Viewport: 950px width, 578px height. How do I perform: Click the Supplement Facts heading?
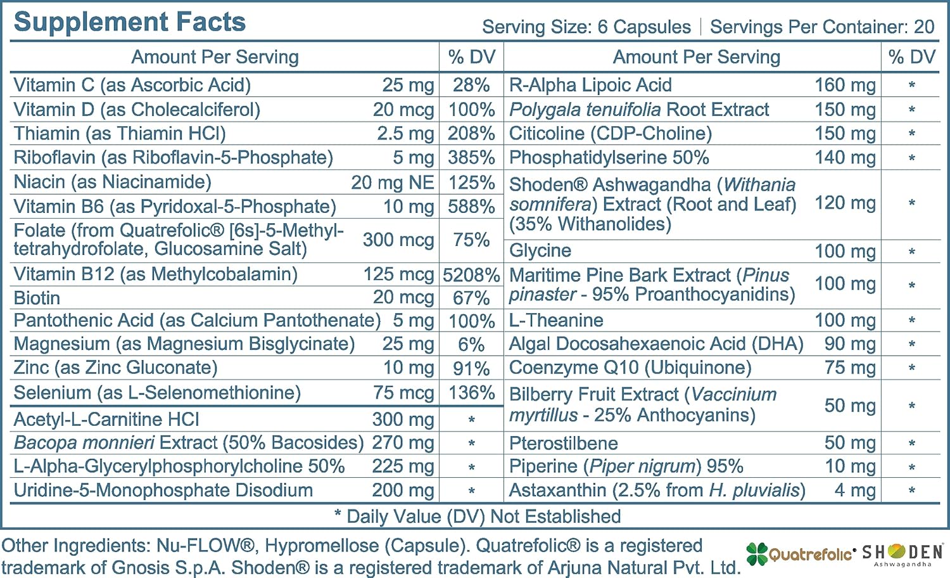pos(129,22)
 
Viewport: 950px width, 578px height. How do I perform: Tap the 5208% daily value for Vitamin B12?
pos(471,274)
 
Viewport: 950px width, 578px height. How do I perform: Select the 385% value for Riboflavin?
pos(471,158)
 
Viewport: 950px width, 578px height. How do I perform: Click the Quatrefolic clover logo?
pos(756,553)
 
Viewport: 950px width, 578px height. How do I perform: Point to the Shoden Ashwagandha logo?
pos(902,553)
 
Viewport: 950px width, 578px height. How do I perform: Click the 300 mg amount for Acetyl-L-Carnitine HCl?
pos(403,420)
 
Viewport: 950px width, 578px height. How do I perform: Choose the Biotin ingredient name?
pos(37,298)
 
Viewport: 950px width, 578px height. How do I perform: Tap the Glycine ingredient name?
pos(540,251)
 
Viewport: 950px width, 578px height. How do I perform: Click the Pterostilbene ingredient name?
pos(563,443)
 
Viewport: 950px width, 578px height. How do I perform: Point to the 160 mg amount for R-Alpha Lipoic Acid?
pos(845,85)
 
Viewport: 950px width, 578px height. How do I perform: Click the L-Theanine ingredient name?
pos(556,321)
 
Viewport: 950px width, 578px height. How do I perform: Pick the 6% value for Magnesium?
pos(471,345)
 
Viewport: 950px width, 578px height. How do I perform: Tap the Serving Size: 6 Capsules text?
pos(586,27)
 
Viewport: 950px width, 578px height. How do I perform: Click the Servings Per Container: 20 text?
pos(822,27)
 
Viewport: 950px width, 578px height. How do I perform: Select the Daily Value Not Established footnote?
pos(478,517)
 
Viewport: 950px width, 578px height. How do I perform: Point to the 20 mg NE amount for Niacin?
pos(392,183)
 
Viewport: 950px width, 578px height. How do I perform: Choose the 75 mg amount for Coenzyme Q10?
pos(850,368)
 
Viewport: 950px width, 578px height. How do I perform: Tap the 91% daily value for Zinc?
pos(471,369)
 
